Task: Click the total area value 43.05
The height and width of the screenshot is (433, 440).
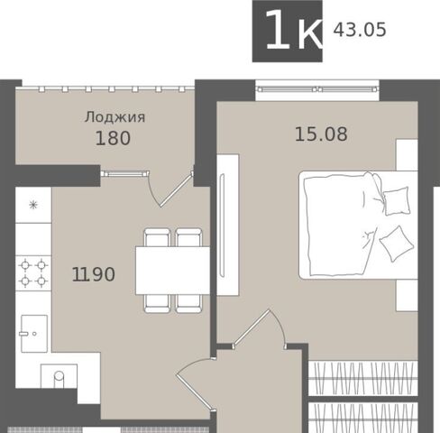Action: coord(360,30)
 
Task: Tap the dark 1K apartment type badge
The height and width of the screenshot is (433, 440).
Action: coord(288,32)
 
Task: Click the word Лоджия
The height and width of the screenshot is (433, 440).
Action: coord(115,117)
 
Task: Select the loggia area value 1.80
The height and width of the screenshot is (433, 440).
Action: coord(113,138)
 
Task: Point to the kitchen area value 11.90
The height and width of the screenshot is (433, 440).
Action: coord(94,274)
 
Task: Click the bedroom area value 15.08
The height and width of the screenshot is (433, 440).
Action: coord(321,134)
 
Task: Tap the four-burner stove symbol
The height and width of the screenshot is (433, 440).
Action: coord(33,273)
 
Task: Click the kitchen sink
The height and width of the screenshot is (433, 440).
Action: coord(34,334)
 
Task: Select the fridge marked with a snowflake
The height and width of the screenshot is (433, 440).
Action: coord(33,205)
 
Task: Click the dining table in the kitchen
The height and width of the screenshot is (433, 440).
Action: coord(172,271)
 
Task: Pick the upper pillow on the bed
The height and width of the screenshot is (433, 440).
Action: coord(397,200)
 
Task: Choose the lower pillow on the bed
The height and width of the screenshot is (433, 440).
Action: coord(397,244)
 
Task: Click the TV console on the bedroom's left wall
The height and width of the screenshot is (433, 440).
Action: coord(228,225)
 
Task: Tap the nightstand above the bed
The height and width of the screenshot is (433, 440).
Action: coord(407,155)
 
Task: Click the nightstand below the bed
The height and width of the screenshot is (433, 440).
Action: coord(407,295)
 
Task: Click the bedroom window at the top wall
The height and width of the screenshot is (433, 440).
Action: coord(317,89)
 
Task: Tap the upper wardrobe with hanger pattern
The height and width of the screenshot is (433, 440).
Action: coord(363,378)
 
